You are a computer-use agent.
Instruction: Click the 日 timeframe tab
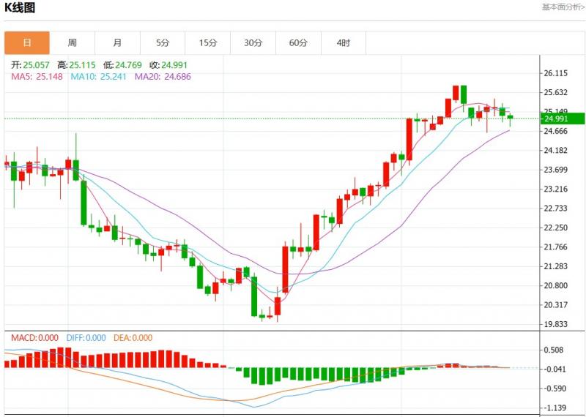[x=27, y=43]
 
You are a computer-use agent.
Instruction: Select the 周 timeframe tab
[x=73, y=43]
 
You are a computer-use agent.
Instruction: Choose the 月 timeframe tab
[x=118, y=43]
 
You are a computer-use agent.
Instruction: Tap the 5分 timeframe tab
[x=163, y=43]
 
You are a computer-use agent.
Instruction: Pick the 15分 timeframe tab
[x=208, y=43]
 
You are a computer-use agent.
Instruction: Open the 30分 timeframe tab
[x=253, y=43]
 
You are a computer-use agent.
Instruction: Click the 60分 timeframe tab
[x=298, y=43]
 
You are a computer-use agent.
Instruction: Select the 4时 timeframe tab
[x=344, y=43]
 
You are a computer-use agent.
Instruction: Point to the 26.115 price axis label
[x=557, y=74]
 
